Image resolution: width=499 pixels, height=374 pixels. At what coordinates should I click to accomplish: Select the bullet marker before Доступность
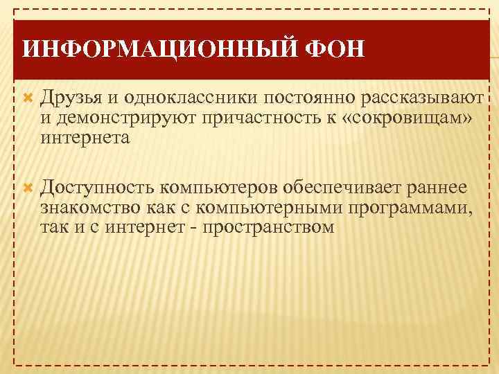(28, 187)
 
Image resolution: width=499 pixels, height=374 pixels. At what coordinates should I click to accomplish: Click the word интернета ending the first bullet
(85, 138)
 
